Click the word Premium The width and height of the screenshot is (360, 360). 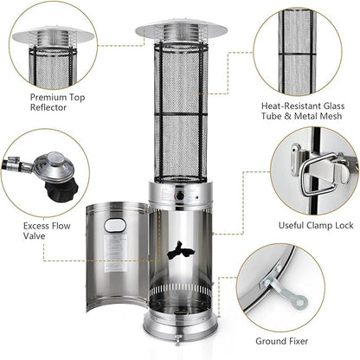point(48,98)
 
